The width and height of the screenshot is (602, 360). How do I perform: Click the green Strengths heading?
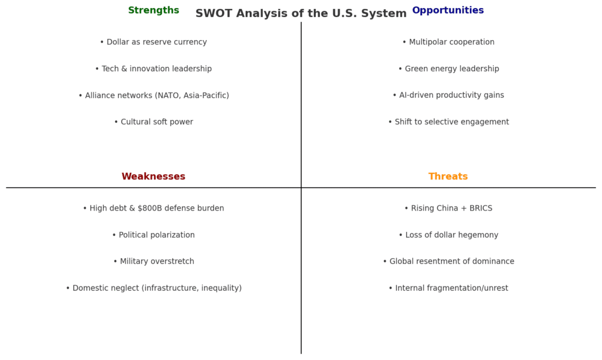(x=153, y=11)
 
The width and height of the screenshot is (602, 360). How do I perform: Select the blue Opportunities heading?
(x=448, y=11)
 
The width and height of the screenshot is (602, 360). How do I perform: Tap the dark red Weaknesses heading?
(x=153, y=176)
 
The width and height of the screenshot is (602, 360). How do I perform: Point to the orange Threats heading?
(x=448, y=176)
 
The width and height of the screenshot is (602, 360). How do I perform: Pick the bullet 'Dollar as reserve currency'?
(x=153, y=42)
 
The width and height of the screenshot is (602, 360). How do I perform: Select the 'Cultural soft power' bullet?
(x=153, y=122)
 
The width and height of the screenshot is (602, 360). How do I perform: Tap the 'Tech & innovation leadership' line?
(x=153, y=69)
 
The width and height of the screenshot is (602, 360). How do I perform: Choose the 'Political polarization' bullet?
(x=153, y=235)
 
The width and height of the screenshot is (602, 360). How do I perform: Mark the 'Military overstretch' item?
(x=153, y=261)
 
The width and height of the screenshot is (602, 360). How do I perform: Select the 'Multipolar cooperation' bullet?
(x=449, y=42)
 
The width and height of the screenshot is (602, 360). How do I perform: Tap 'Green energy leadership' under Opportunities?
(x=449, y=69)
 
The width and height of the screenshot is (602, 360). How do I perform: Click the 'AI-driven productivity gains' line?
(x=449, y=95)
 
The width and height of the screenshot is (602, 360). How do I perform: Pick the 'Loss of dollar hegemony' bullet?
(x=449, y=235)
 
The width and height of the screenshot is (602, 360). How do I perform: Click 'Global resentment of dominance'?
(x=449, y=261)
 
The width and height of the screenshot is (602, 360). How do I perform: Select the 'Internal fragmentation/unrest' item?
(x=449, y=288)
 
